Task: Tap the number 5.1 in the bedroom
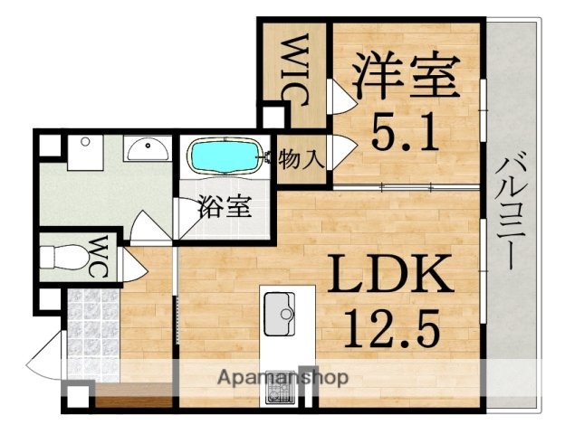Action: (x=404, y=136)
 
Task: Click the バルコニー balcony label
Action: (x=507, y=212)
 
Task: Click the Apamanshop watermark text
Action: (x=282, y=375)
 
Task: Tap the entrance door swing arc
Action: (x=45, y=357)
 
